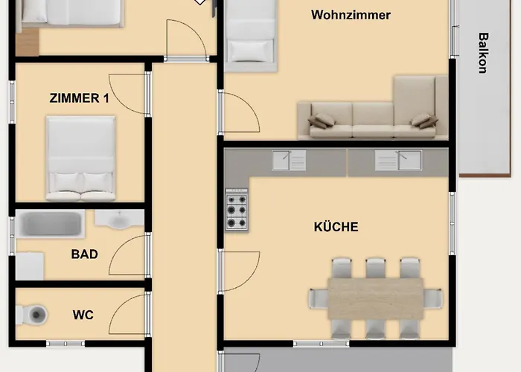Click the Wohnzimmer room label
tap(351, 15)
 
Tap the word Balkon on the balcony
tap(483, 53)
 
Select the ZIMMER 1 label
tap(79, 98)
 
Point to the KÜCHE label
tap(336, 227)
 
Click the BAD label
tap(84, 254)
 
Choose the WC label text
tap(83, 315)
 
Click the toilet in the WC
tap(31, 314)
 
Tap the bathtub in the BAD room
tap(50, 223)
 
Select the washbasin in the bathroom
tap(119, 219)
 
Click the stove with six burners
tap(237, 209)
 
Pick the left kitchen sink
tap(289, 160)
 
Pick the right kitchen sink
tap(398, 160)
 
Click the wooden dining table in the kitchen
tap(376, 298)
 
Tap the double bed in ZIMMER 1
tap(80, 158)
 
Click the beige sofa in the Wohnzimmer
tap(373, 108)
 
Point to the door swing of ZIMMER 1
tap(128, 94)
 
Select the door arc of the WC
tap(128, 315)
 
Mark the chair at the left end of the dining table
tap(319, 298)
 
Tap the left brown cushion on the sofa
tap(321, 121)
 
